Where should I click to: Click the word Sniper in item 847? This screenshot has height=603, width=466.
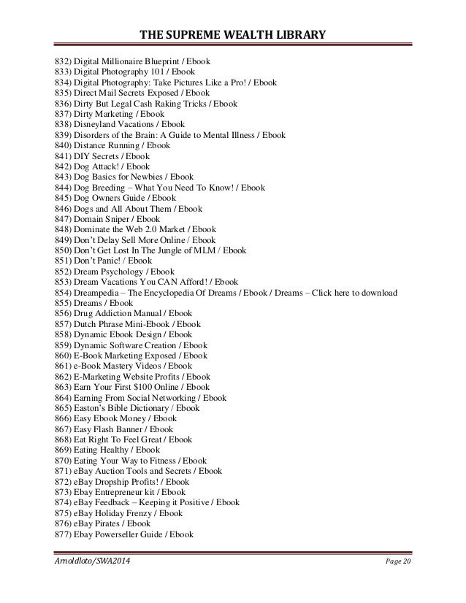point(122,218)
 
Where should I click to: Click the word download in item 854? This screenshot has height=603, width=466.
point(377,292)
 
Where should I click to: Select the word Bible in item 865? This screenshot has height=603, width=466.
point(121,407)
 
